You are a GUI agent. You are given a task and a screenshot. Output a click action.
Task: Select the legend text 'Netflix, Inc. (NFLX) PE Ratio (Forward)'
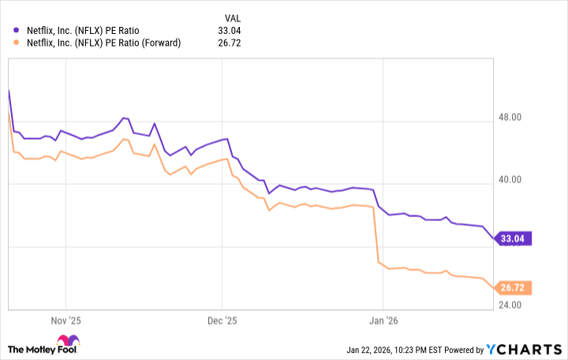(x=104, y=43)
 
